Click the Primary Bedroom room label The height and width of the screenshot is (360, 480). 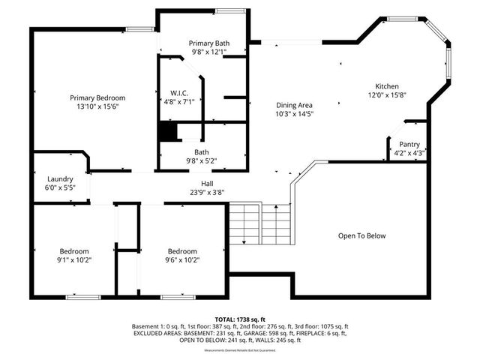pyautogui.click(x=97, y=98)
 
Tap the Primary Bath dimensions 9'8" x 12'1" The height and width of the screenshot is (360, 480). pyautogui.click(x=209, y=52)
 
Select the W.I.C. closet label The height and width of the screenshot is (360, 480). pyautogui.click(x=180, y=91)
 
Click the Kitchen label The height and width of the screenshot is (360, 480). pyautogui.click(x=387, y=86)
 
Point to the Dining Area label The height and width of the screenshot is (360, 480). pyautogui.click(x=295, y=105)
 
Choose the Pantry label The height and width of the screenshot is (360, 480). pyautogui.click(x=409, y=144)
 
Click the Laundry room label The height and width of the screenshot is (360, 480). pyautogui.click(x=60, y=179)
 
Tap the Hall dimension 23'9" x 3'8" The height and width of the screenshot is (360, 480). pyautogui.click(x=207, y=192)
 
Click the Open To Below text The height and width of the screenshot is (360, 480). pyautogui.click(x=361, y=235)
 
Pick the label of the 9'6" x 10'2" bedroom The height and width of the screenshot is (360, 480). pyautogui.click(x=182, y=251)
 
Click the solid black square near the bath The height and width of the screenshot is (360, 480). pyautogui.click(x=167, y=132)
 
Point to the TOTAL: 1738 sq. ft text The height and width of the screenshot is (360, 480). pyautogui.click(x=240, y=319)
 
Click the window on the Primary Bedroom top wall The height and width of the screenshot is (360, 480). pyautogui.click(x=139, y=29)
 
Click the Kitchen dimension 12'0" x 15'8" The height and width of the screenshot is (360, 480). pyautogui.click(x=387, y=95)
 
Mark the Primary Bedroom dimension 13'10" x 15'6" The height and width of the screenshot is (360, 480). pyautogui.click(x=97, y=107)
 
